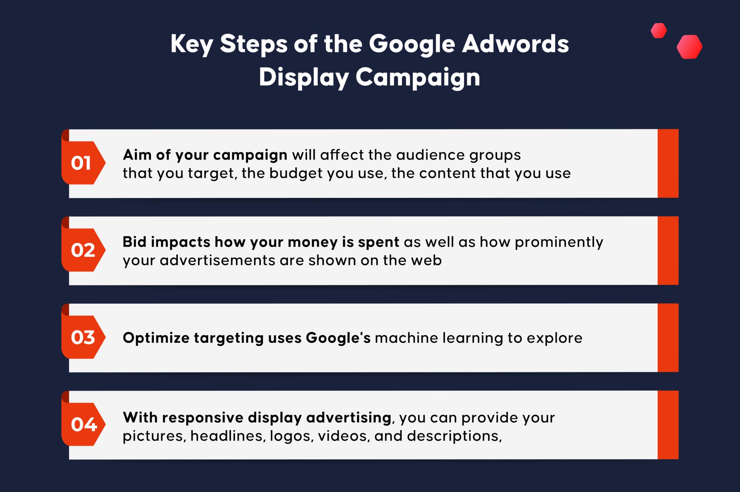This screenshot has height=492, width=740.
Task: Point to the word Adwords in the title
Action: (516, 43)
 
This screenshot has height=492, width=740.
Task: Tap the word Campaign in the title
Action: (418, 78)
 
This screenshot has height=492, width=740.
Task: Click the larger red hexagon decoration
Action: (689, 47)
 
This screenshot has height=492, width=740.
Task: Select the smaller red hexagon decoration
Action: (659, 30)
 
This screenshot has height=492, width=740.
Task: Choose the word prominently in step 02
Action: (559, 243)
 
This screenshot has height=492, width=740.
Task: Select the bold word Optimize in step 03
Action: (156, 338)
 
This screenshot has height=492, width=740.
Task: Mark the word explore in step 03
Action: (554, 338)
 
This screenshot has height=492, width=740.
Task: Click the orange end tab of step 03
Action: (668, 338)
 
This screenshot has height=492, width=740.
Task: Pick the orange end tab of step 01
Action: (668, 163)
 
